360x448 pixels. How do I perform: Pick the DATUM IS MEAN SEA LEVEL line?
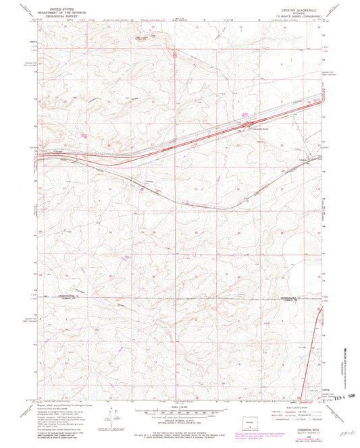[180, 426]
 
